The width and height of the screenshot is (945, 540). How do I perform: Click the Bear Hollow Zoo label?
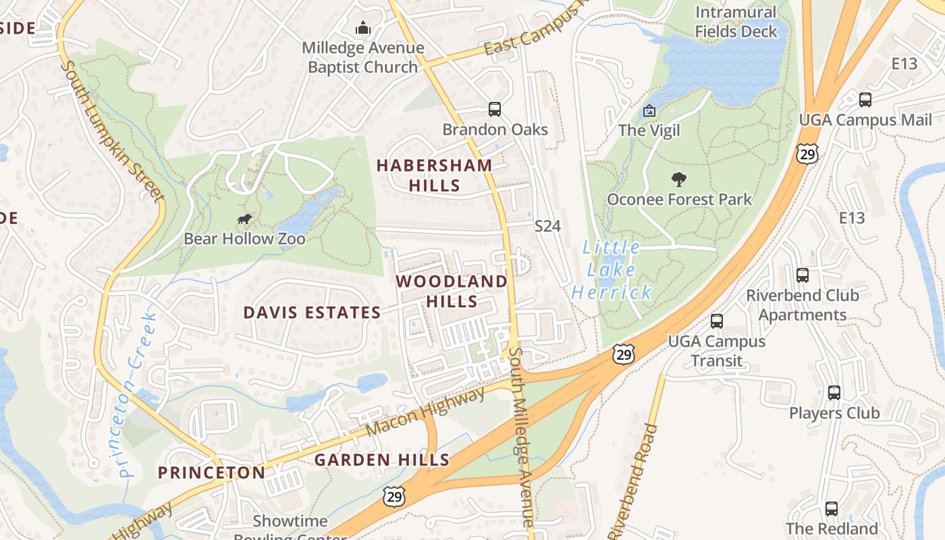click(x=244, y=239)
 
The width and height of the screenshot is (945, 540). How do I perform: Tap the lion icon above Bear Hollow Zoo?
click(x=244, y=219)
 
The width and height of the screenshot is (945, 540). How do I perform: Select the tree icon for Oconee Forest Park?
click(x=679, y=180)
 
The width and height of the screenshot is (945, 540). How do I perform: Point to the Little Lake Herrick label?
click(x=612, y=270)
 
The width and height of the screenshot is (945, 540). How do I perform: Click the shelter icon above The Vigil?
click(x=649, y=111)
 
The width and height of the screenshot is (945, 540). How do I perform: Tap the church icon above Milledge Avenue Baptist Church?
click(x=363, y=28)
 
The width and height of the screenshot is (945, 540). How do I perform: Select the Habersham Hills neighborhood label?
click(x=434, y=175)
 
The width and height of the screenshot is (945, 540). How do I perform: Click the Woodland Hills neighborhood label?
click(x=452, y=291)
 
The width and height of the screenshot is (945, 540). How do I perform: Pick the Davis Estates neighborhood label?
click(x=312, y=313)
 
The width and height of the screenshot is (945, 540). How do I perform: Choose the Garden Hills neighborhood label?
click(x=382, y=460)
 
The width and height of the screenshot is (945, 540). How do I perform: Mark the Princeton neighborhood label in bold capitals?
click(x=212, y=473)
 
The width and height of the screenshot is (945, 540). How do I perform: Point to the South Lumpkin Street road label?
click(x=112, y=132)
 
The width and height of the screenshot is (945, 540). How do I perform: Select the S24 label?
click(x=547, y=226)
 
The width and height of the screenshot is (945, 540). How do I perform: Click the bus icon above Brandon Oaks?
click(x=495, y=109)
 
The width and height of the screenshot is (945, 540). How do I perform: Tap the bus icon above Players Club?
click(x=834, y=393)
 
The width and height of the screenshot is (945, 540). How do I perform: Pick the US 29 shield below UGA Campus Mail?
click(x=807, y=154)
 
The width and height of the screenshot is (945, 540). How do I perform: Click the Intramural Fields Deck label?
click(x=736, y=22)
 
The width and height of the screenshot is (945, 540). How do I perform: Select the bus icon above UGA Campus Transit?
click(x=717, y=321)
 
